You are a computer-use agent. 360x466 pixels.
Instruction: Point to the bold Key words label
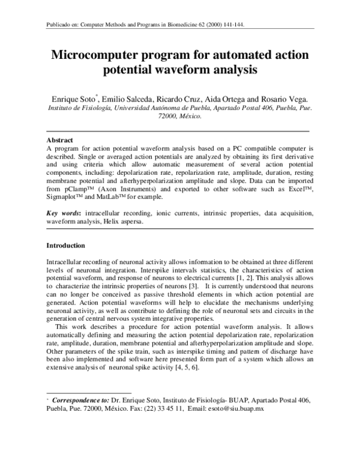[x=64, y=213]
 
